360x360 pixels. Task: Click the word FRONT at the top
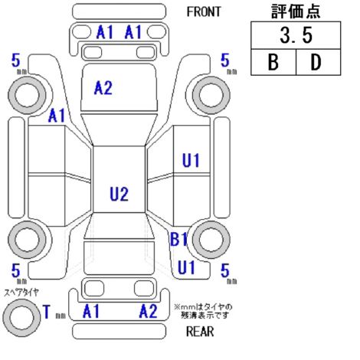pyautogui.click(x=204, y=11)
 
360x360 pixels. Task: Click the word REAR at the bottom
pyautogui.click(x=200, y=332)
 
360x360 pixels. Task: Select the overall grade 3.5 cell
pyautogui.click(x=296, y=35)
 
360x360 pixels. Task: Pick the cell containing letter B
pyautogui.click(x=273, y=62)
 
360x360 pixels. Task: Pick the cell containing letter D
pyautogui.click(x=318, y=62)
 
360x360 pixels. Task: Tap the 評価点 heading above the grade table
pyautogui.click(x=296, y=11)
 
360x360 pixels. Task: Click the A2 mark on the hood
pyautogui.click(x=103, y=88)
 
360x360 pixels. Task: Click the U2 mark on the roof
pyautogui.click(x=119, y=194)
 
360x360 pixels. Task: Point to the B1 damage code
pyautogui.click(x=178, y=239)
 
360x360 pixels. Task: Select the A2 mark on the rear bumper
pyautogui.click(x=148, y=311)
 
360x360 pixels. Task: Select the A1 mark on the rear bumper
pyautogui.click(x=91, y=311)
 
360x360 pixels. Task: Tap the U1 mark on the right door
pyautogui.click(x=191, y=160)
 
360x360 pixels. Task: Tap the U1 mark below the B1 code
pyautogui.click(x=186, y=267)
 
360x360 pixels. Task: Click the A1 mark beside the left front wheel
pyautogui.click(x=57, y=116)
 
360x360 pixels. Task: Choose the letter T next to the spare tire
pyautogui.click(x=47, y=312)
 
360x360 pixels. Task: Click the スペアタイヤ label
pyautogui.click(x=21, y=293)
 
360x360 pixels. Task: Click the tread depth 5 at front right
pyautogui.click(x=225, y=61)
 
